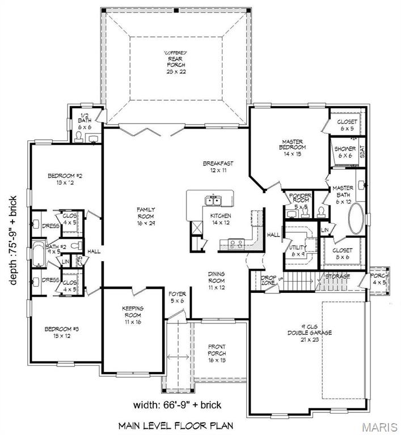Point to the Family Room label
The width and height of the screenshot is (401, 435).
146,215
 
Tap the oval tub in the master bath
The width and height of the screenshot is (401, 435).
357,219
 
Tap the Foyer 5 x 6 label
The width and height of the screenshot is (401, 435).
177,297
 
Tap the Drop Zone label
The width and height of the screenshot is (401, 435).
268,280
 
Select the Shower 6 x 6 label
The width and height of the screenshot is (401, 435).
345,152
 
